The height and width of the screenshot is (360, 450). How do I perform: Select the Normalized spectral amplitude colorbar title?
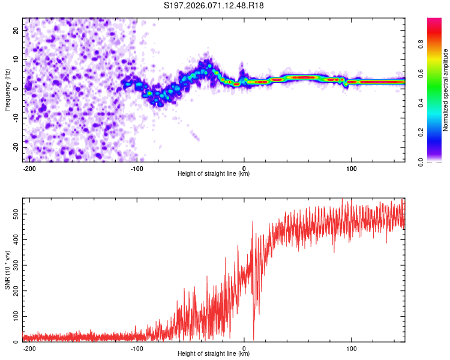[445, 90]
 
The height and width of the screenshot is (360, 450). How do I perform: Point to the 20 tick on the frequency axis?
[16, 30]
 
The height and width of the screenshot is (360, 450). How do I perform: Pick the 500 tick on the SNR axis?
[14, 214]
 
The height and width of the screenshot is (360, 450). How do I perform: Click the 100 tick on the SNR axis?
[14, 316]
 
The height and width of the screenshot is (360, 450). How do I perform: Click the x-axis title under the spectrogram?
[214, 175]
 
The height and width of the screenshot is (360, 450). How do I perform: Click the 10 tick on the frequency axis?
[16, 59]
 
